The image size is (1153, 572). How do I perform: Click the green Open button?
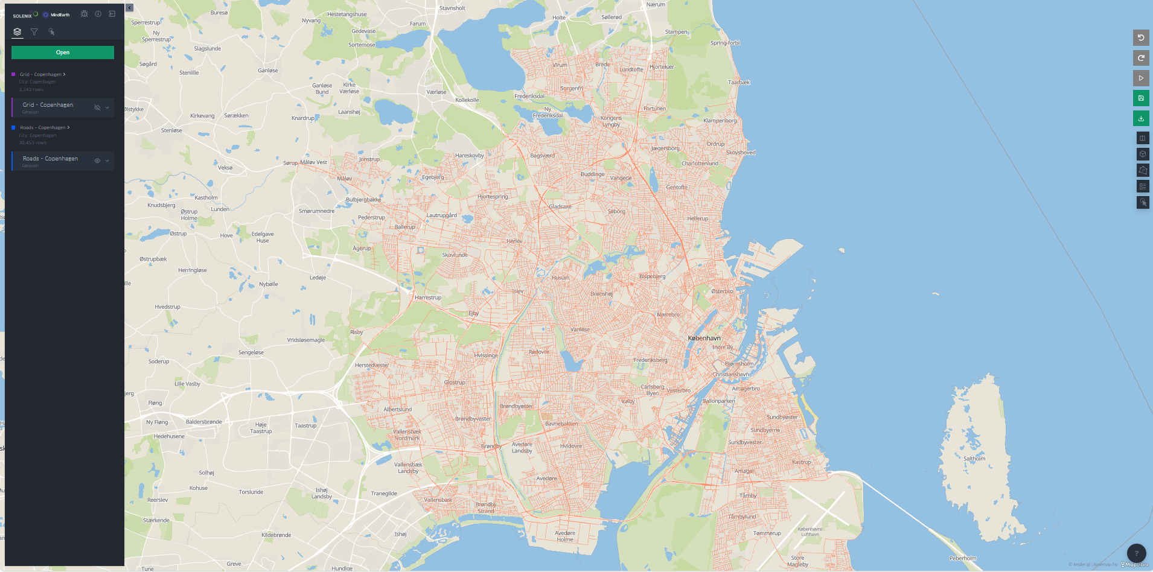point(63,52)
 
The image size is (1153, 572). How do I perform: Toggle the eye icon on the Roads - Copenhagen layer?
point(97,160)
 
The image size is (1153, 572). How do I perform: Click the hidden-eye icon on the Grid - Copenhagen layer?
point(97,107)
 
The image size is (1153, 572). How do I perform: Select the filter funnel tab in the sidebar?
point(34,32)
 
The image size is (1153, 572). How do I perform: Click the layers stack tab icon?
point(18,32)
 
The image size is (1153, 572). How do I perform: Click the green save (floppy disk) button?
point(1141,98)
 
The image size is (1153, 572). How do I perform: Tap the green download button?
point(1141,118)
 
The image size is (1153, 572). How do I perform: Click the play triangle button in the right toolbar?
point(1141,78)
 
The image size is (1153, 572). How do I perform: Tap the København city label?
point(704,338)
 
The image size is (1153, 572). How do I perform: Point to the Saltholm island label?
point(974,459)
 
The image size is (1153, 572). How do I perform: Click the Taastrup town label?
point(305,425)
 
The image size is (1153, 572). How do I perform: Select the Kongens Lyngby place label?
point(611,121)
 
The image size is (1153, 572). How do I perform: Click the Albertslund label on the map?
point(398,409)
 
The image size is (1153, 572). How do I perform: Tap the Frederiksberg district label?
point(650,360)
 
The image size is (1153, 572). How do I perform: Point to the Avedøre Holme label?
point(565,536)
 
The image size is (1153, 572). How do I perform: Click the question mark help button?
point(1136,553)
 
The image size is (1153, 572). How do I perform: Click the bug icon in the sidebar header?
point(84,14)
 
